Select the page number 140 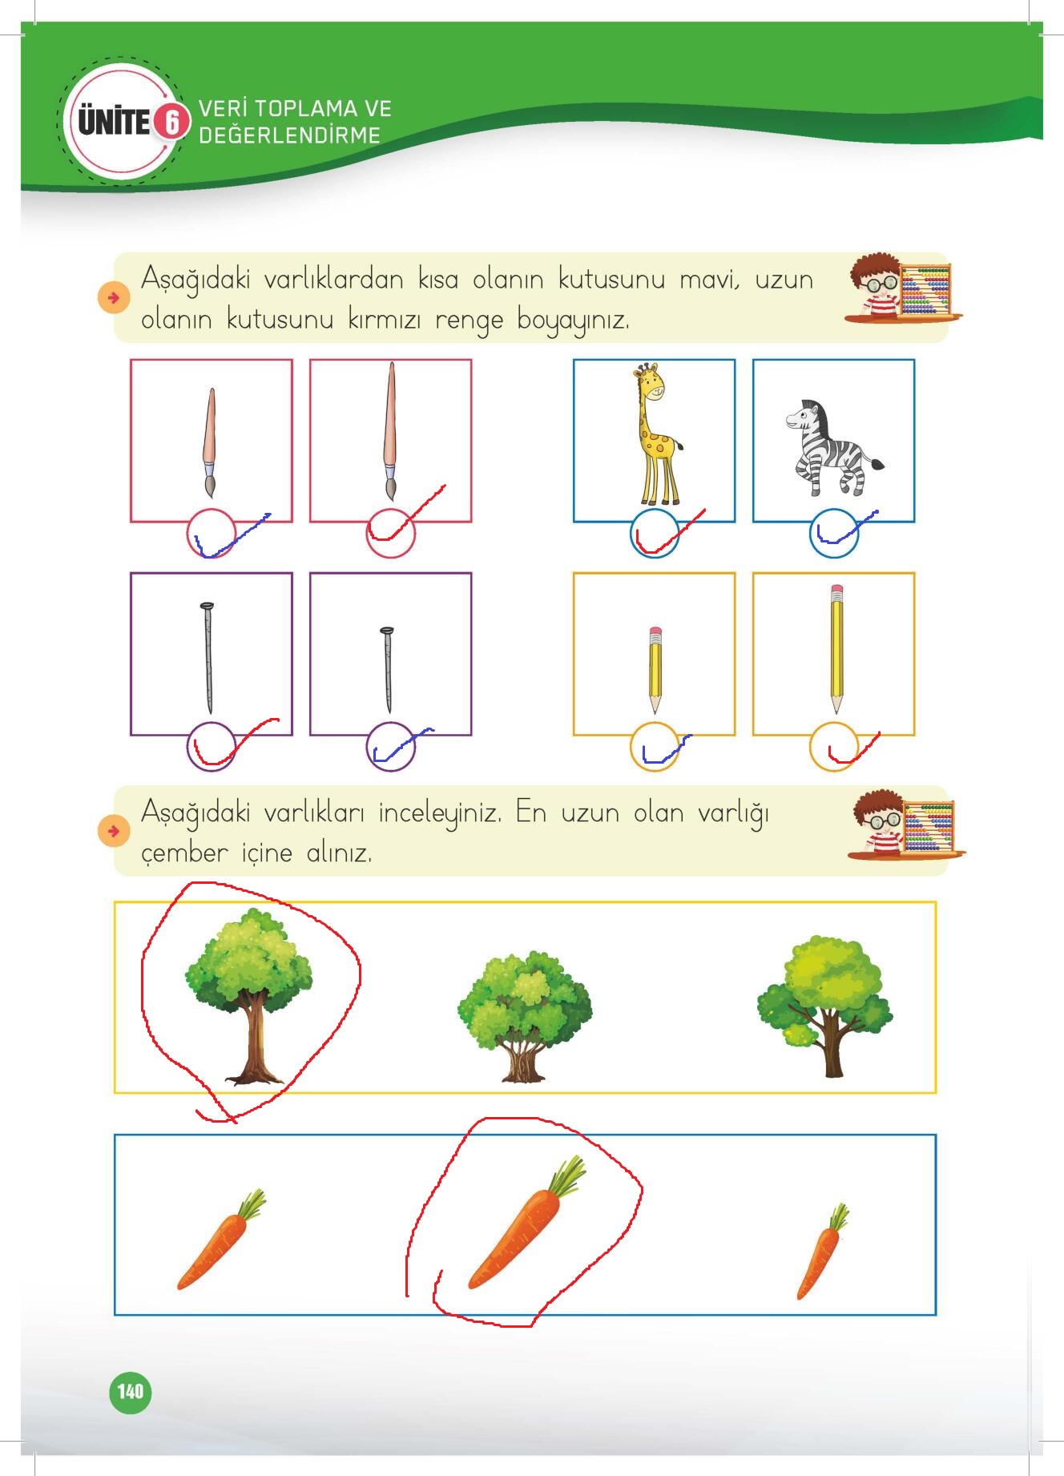[x=130, y=1391]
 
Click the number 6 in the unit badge [x=171, y=122]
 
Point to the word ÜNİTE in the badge [x=114, y=123]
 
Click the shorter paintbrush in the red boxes [x=210, y=442]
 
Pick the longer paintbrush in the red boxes [x=390, y=431]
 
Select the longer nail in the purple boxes [x=208, y=658]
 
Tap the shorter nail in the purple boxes [x=387, y=670]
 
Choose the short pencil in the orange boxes [x=655, y=670]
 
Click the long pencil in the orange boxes [x=837, y=649]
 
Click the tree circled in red [x=248, y=996]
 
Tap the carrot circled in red [x=526, y=1223]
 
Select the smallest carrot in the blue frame [x=822, y=1251]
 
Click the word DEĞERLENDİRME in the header [x=290, y=135]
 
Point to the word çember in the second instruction [x=184, y=853]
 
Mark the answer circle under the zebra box [x=834, y=534]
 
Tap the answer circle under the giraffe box [x=655, y=534]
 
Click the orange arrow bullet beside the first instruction [x=113, y=298]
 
